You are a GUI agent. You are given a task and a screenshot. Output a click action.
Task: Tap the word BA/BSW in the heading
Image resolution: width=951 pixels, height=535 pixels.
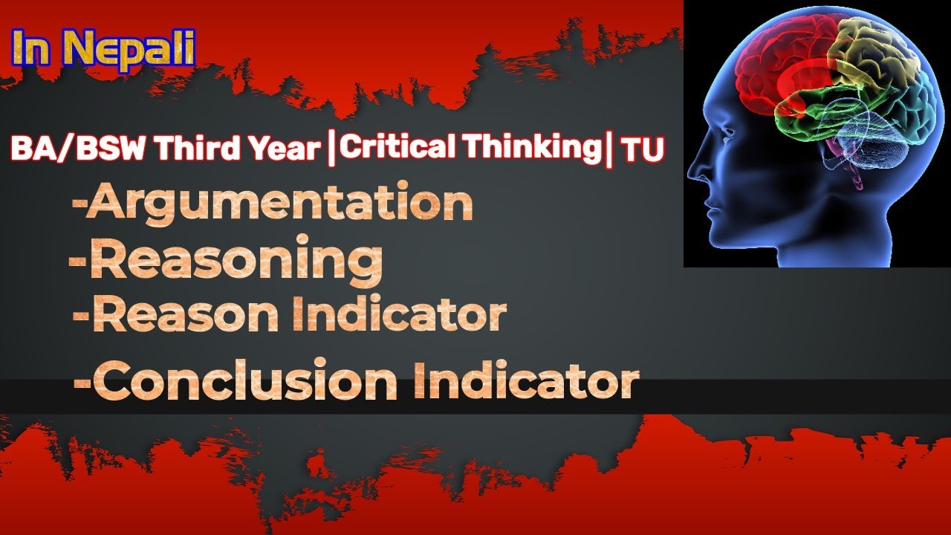coord(71,149)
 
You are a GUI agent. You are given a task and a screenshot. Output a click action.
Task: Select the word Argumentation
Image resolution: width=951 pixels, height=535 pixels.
coord(279,203)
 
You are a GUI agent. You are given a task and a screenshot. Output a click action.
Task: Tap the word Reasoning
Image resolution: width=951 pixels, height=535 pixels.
coord(236,260)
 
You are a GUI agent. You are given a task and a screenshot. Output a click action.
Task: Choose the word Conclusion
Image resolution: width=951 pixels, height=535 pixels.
coord(248,380)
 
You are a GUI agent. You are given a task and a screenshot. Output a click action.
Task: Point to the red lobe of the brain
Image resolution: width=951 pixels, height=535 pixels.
coord(773,67)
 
